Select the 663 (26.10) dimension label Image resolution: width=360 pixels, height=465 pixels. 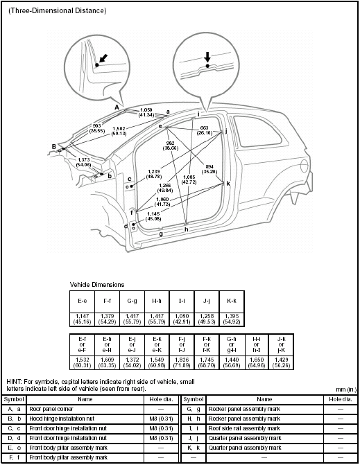click(204, 131)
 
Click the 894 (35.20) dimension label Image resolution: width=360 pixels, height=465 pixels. click(209, 168)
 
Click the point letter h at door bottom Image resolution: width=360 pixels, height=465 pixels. click(186, 229)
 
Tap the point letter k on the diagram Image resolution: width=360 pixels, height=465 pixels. click(228, 184)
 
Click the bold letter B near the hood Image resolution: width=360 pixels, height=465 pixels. click(53, 146)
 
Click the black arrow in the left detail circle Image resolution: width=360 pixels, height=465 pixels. click(102, 60)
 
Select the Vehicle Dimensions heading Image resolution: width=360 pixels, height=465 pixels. click(97, 285)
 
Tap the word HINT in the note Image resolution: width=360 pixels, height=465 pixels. click(14, 382)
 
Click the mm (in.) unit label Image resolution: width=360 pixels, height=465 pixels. click(343, 390)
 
